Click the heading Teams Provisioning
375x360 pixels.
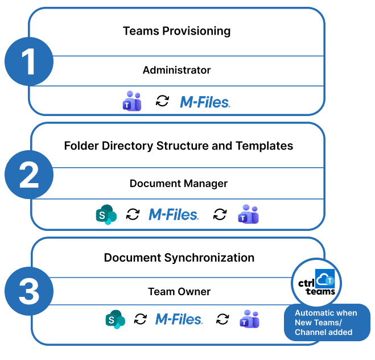coord(176,31)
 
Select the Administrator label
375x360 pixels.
coord(176,71)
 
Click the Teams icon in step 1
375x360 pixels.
coord(132,101)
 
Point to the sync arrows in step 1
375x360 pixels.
coord(163,101)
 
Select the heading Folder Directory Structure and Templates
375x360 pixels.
coord(178,146)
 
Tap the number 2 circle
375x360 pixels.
coord(29,176)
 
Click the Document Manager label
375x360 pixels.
coord(178,184)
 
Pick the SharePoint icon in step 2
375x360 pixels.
coord(106,214)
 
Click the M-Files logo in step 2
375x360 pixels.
coord(174,214)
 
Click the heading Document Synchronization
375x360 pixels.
coord(179,258)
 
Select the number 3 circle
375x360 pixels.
coord(29,292)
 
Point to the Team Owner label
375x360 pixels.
coord(179,292)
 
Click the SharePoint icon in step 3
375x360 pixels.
coord(115,319)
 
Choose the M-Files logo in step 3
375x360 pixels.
coord(179,319)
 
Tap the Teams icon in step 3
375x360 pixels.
coord(249,319)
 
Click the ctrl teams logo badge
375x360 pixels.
coord(316,283)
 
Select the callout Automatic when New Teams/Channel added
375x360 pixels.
coord(326,322)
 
